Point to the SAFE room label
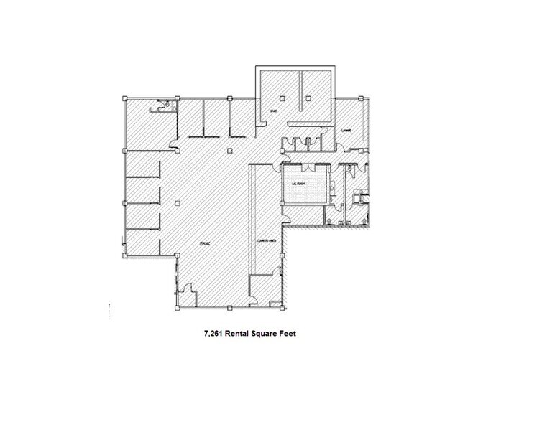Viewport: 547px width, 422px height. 272,112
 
